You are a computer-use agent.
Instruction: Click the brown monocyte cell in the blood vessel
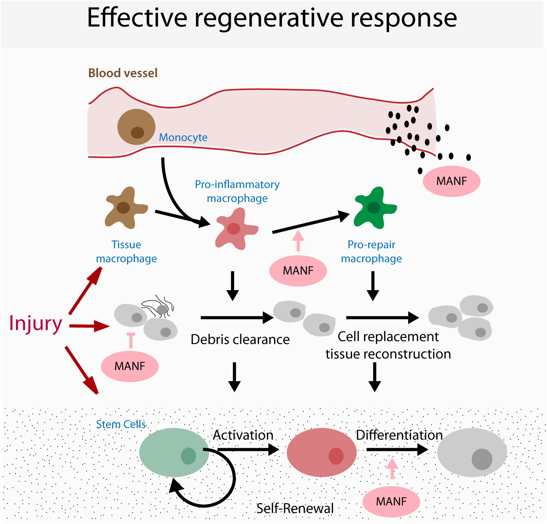[x=136, y=127]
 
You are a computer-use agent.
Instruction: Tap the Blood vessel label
[x=123, y=73]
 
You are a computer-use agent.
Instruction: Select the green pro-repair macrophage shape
[x=374, y=208]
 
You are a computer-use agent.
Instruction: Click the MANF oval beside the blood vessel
[x=451, y=181]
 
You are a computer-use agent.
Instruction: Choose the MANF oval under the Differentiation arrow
[x=391, y=502]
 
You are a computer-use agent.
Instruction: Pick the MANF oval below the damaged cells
[x=129, y=366]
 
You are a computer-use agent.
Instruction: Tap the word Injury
[x=35, y=323]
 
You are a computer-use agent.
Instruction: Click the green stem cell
[x=174, y=452]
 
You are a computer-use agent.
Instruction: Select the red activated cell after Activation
[x=322, y=452]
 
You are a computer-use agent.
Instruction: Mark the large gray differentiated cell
[x=472, y=453]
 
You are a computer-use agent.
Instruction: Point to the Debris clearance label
[x=240, y=339]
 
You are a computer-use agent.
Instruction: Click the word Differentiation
[x=399, y=435]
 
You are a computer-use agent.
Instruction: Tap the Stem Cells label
[x=121, y=424]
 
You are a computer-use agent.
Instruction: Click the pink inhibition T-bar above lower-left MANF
[x=131, y=339]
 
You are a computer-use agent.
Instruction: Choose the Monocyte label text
[x=183, y=137]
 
